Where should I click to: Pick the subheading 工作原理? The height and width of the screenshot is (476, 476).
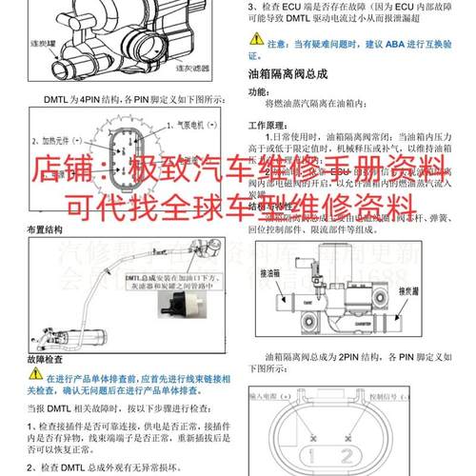coord(269,125)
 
